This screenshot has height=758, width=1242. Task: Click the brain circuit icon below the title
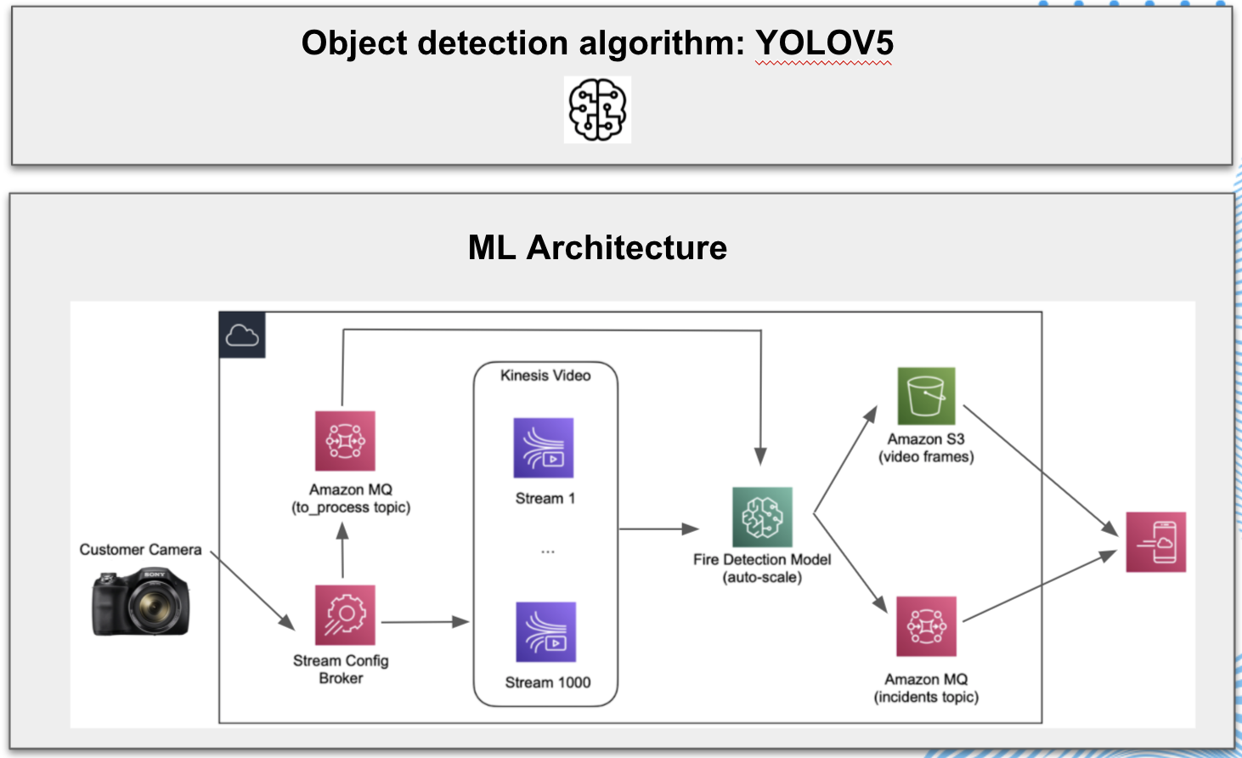coord(597,110)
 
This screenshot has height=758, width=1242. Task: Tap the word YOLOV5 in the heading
coord(824,43)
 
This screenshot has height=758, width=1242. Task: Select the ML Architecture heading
coord(597,248)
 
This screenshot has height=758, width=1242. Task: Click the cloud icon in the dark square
coord(242,336)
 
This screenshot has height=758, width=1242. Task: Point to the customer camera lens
coord(154,606)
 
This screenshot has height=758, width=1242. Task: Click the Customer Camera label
coord(140,550)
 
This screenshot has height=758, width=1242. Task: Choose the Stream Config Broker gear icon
coord(345,614)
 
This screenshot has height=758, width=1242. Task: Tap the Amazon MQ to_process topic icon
coord(345,441)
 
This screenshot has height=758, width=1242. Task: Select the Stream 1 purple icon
coord(544,448)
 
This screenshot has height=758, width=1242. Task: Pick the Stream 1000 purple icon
coord(546,632)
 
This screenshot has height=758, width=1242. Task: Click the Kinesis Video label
coord(545,376)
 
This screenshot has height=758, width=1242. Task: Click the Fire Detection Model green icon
coord(762,517)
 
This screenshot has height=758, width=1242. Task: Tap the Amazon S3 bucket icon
coord(926,396)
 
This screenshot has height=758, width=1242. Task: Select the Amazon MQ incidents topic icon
coord(926,626)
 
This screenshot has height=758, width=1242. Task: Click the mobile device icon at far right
coord(1155,542)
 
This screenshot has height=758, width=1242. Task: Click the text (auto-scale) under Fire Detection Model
coord(762,578)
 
